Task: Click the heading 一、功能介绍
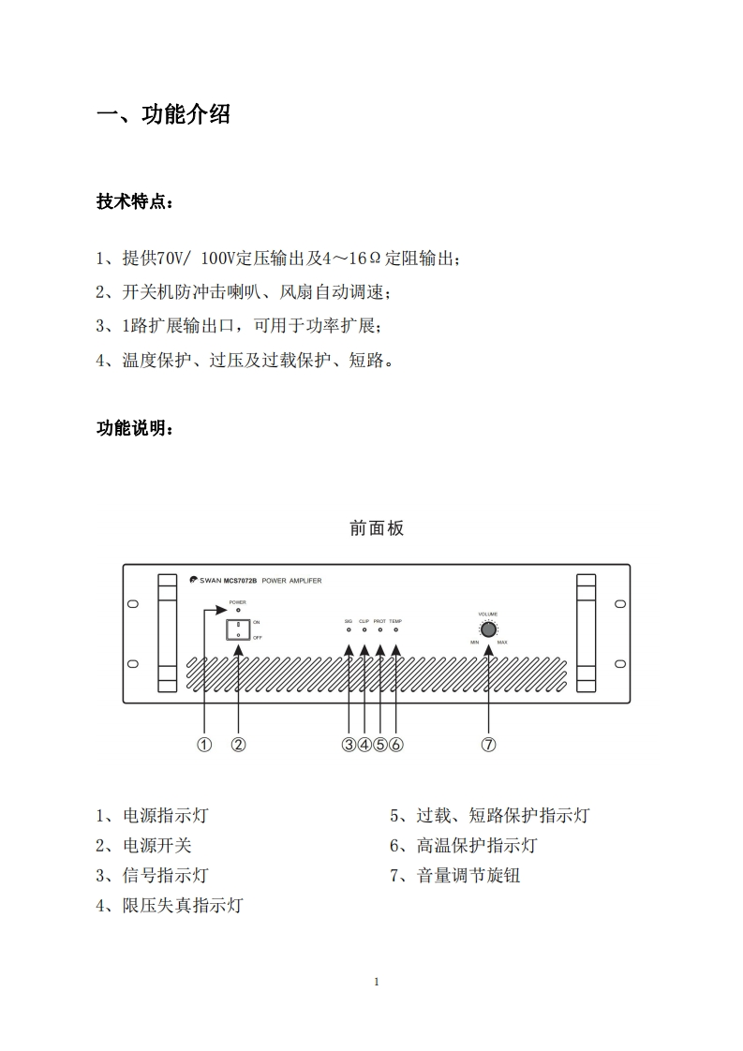point(164,115)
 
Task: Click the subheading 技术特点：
point(135,202)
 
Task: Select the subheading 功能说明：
point(135,428)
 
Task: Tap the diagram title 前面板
point(377,528)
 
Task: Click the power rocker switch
point(238,629)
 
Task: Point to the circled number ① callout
point(204,745)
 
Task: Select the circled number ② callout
point(239,745)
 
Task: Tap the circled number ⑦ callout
point(488,745)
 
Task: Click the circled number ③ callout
point(349,745)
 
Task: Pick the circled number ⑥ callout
point(395,745)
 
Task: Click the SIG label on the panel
point(348,621)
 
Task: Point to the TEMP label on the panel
point(395,621)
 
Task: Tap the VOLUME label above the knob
point(488,614)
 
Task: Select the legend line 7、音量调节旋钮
point(454,876)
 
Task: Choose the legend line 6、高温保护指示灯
point(463,846)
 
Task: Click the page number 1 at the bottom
point(376,982)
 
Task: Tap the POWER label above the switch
point(238,602)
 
